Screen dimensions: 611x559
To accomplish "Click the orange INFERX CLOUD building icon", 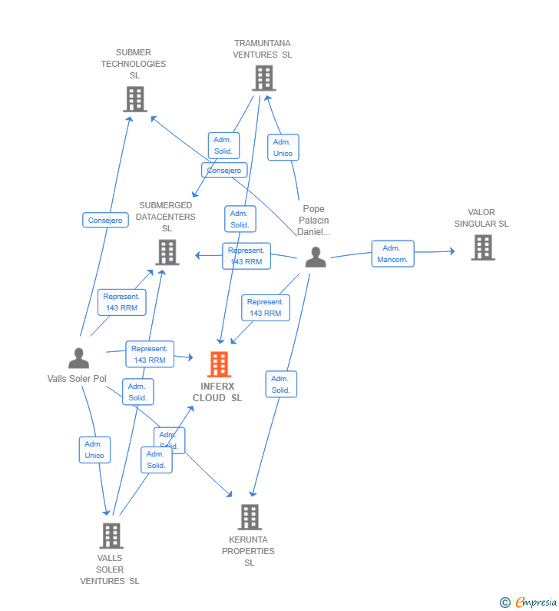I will point(220,364).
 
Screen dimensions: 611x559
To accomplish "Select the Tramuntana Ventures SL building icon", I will point(263,78).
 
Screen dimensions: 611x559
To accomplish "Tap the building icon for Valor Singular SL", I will point(482,247).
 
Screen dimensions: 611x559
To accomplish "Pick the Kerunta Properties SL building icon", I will point(249,517).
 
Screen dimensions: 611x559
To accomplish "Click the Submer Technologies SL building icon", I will point(135,99).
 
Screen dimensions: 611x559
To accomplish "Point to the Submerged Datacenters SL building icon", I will point(167,252).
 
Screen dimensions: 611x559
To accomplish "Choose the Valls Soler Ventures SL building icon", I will point(111,536).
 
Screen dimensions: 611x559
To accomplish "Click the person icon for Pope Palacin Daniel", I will point(315,257).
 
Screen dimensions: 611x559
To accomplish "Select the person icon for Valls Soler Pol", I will point(78,358).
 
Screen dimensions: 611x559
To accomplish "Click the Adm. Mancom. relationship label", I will point(392,254).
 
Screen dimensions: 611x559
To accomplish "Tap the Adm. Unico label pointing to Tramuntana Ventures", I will point(283,148).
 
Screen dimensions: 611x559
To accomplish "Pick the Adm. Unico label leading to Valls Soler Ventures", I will point(94,450).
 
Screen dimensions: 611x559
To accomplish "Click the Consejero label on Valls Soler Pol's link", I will point(105,221).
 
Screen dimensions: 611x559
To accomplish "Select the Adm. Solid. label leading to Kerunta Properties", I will point(280,384).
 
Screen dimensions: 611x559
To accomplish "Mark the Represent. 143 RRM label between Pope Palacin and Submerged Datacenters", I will point(246,256).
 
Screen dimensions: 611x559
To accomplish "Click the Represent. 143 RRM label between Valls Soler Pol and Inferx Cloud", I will point(149,354).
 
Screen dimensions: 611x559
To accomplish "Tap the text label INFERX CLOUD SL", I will point(217,392).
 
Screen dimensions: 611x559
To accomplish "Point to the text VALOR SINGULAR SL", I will point(481,218).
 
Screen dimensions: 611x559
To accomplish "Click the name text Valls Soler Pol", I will point(77,379).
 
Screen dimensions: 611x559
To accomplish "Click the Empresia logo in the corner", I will point(534,602).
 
